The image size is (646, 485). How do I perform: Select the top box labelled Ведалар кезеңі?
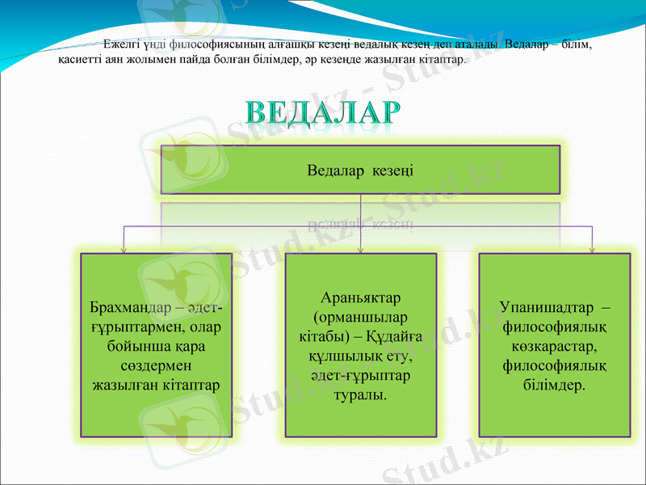[x=360, y=170]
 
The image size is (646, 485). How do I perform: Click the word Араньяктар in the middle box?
[x=361, y=298]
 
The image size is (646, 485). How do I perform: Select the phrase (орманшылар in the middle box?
[x=361, y=317]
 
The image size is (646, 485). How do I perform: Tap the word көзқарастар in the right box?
[x=554, y=347]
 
